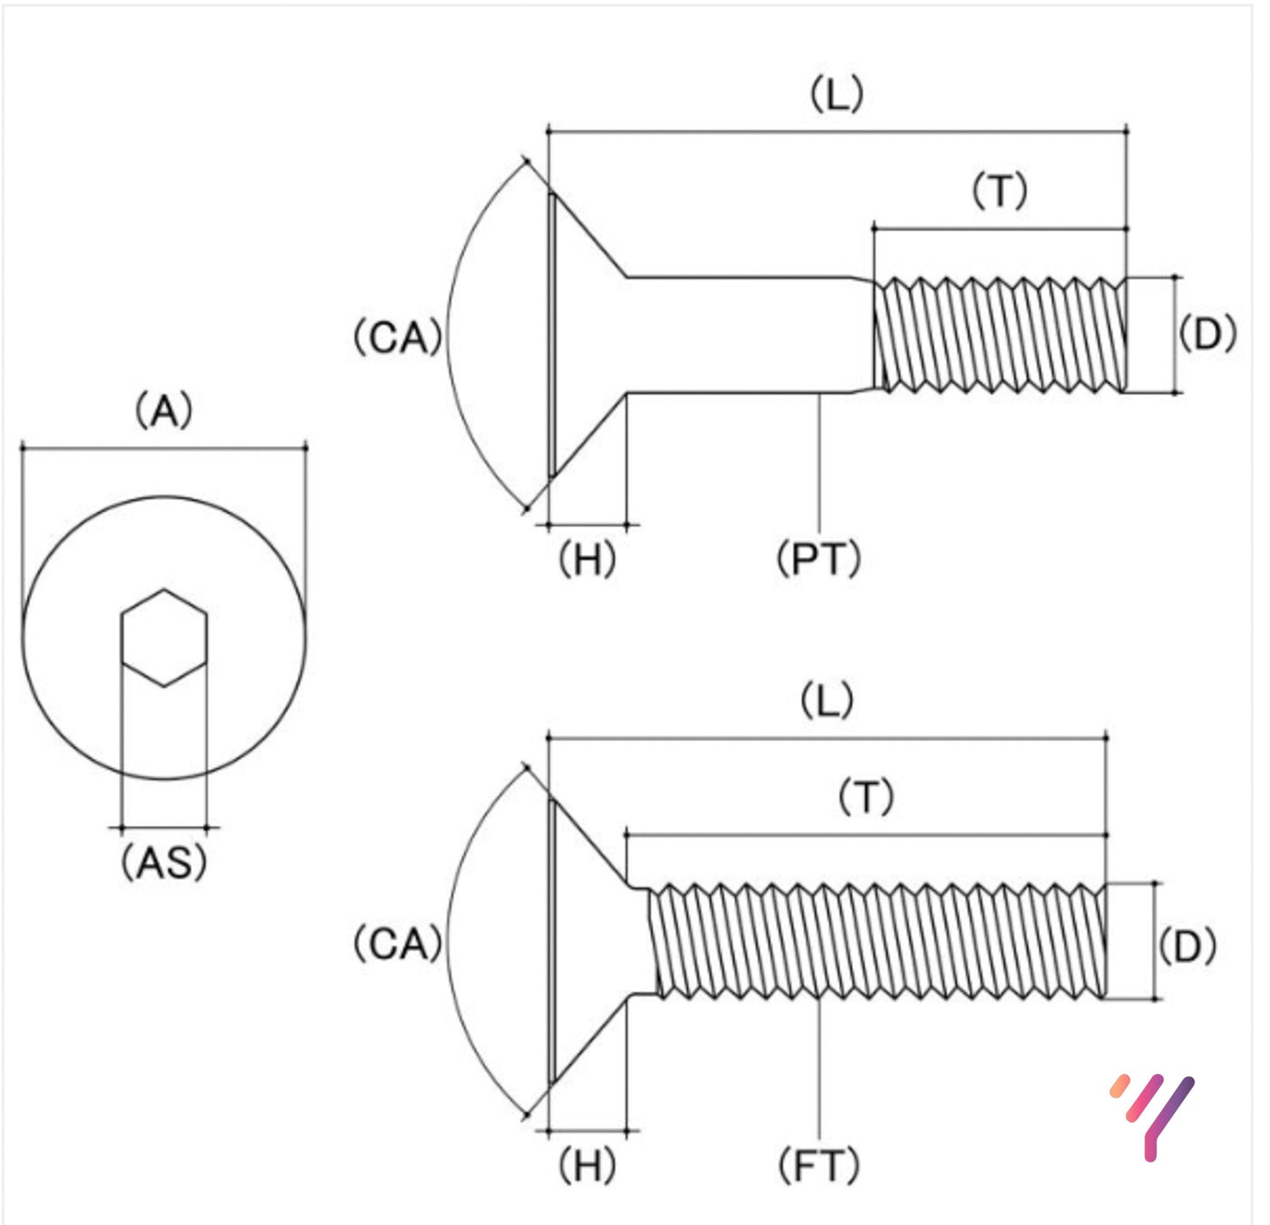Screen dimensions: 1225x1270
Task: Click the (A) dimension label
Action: click(163, 411)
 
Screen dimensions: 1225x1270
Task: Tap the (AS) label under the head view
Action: click(163, 862)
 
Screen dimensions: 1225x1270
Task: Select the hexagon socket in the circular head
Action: click(163, 638)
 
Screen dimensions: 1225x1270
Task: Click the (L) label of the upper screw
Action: click(836, 94)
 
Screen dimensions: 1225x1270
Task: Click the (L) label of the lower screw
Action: click(826, 701)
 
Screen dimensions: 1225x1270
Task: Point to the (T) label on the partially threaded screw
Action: click(999, 191)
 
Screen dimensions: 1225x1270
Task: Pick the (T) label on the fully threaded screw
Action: click(866, 797)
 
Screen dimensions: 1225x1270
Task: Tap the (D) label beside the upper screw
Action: click(1207, 334)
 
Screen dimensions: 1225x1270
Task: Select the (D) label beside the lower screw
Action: click(1187, 946)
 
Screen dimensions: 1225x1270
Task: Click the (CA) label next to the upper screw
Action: click(396, 337)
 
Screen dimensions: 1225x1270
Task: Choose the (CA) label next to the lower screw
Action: click(396, 945)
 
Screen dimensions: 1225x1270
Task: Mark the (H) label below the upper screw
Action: click(587, 559)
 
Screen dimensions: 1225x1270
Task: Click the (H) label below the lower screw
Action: click(587, 1166)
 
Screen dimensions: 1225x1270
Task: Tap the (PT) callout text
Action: click(818, 559)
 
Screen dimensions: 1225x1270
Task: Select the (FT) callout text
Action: click(818, 1166)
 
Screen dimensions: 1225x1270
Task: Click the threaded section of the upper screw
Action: click(1000, 335)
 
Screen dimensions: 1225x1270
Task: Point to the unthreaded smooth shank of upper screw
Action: click(747, 335)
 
